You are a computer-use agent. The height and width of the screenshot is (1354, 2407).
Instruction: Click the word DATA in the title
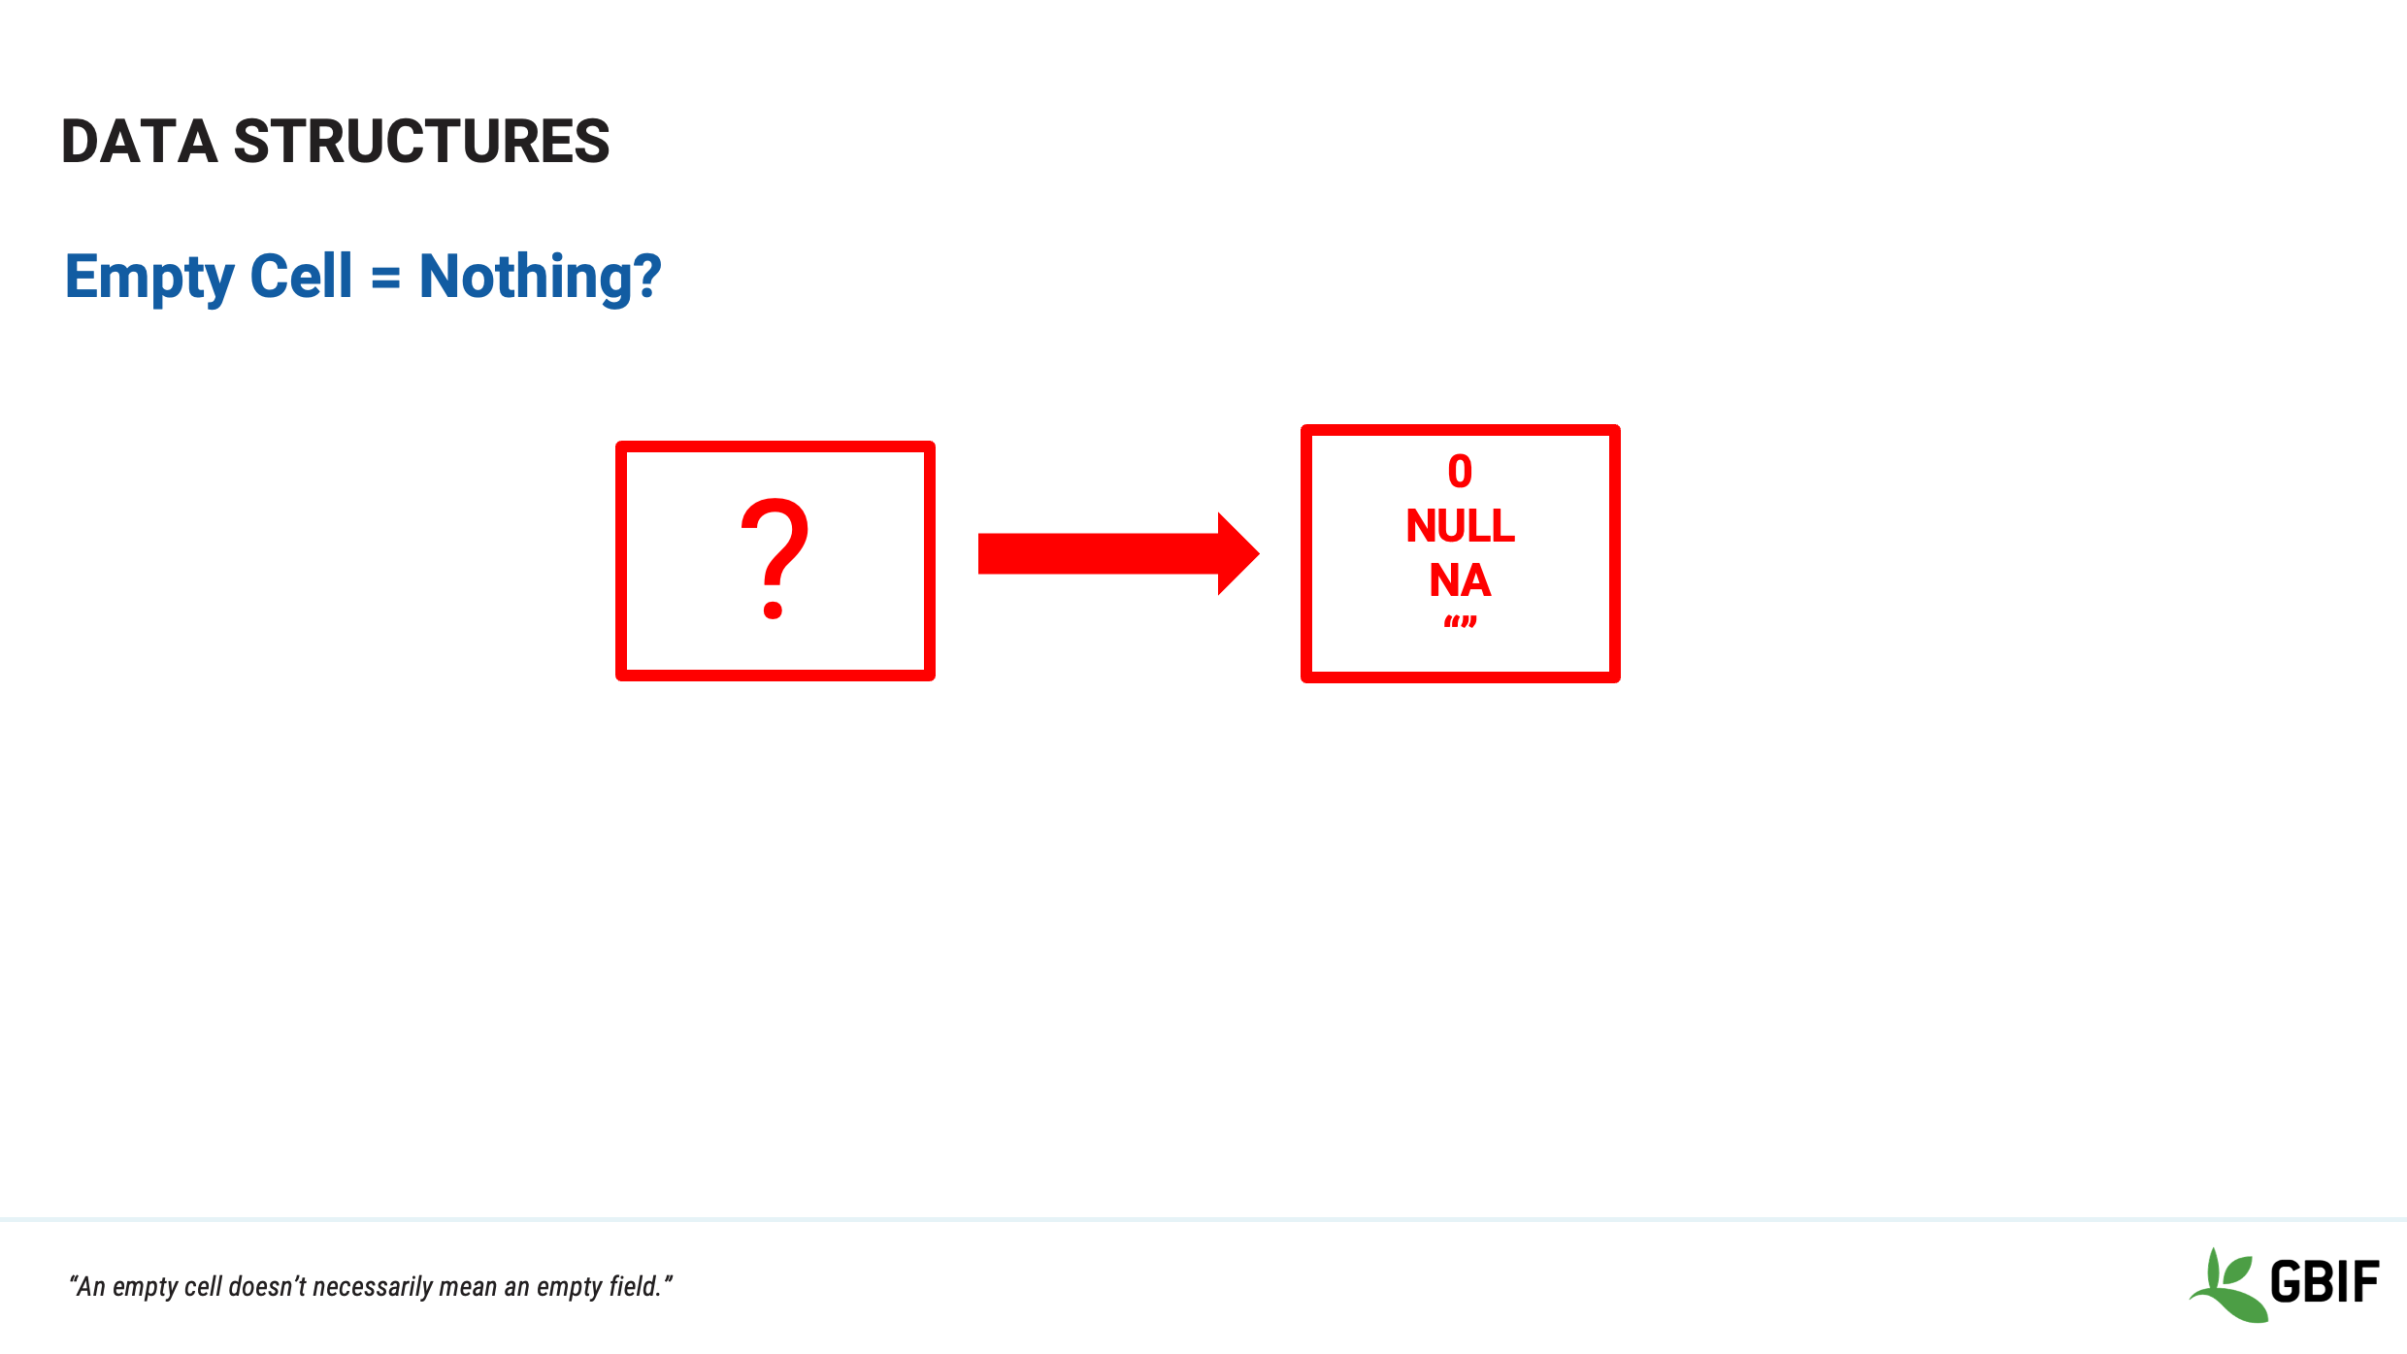point(139,141)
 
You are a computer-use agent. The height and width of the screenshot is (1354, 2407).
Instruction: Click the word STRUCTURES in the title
point(422,141)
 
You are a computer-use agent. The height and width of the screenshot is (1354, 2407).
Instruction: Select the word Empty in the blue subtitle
point(149,279)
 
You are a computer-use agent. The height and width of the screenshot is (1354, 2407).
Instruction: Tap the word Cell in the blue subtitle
point(301,276)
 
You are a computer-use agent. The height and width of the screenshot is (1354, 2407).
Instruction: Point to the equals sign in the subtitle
point(385,280)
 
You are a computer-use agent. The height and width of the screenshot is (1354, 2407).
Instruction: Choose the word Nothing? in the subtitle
point(540,279)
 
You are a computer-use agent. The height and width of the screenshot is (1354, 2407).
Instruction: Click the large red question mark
point(774,558)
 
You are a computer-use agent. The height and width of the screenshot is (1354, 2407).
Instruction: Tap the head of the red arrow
point(1238,553)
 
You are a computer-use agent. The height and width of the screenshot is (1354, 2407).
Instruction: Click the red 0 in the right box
point(1460,472)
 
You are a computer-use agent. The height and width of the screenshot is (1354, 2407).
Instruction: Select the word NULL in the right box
point(1460,526)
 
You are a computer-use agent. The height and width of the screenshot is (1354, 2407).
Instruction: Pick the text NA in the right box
point(1460,580)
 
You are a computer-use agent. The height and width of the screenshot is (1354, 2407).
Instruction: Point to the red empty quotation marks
point(1460,622)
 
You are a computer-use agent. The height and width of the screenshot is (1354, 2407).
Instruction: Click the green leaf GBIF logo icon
point(2227,1286)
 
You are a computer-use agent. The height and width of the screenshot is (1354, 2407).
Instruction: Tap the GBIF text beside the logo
point(2325,1281)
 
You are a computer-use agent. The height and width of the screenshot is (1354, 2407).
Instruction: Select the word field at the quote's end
point(634,1286)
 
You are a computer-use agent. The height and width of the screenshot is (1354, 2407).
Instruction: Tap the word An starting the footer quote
point(90,1286)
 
